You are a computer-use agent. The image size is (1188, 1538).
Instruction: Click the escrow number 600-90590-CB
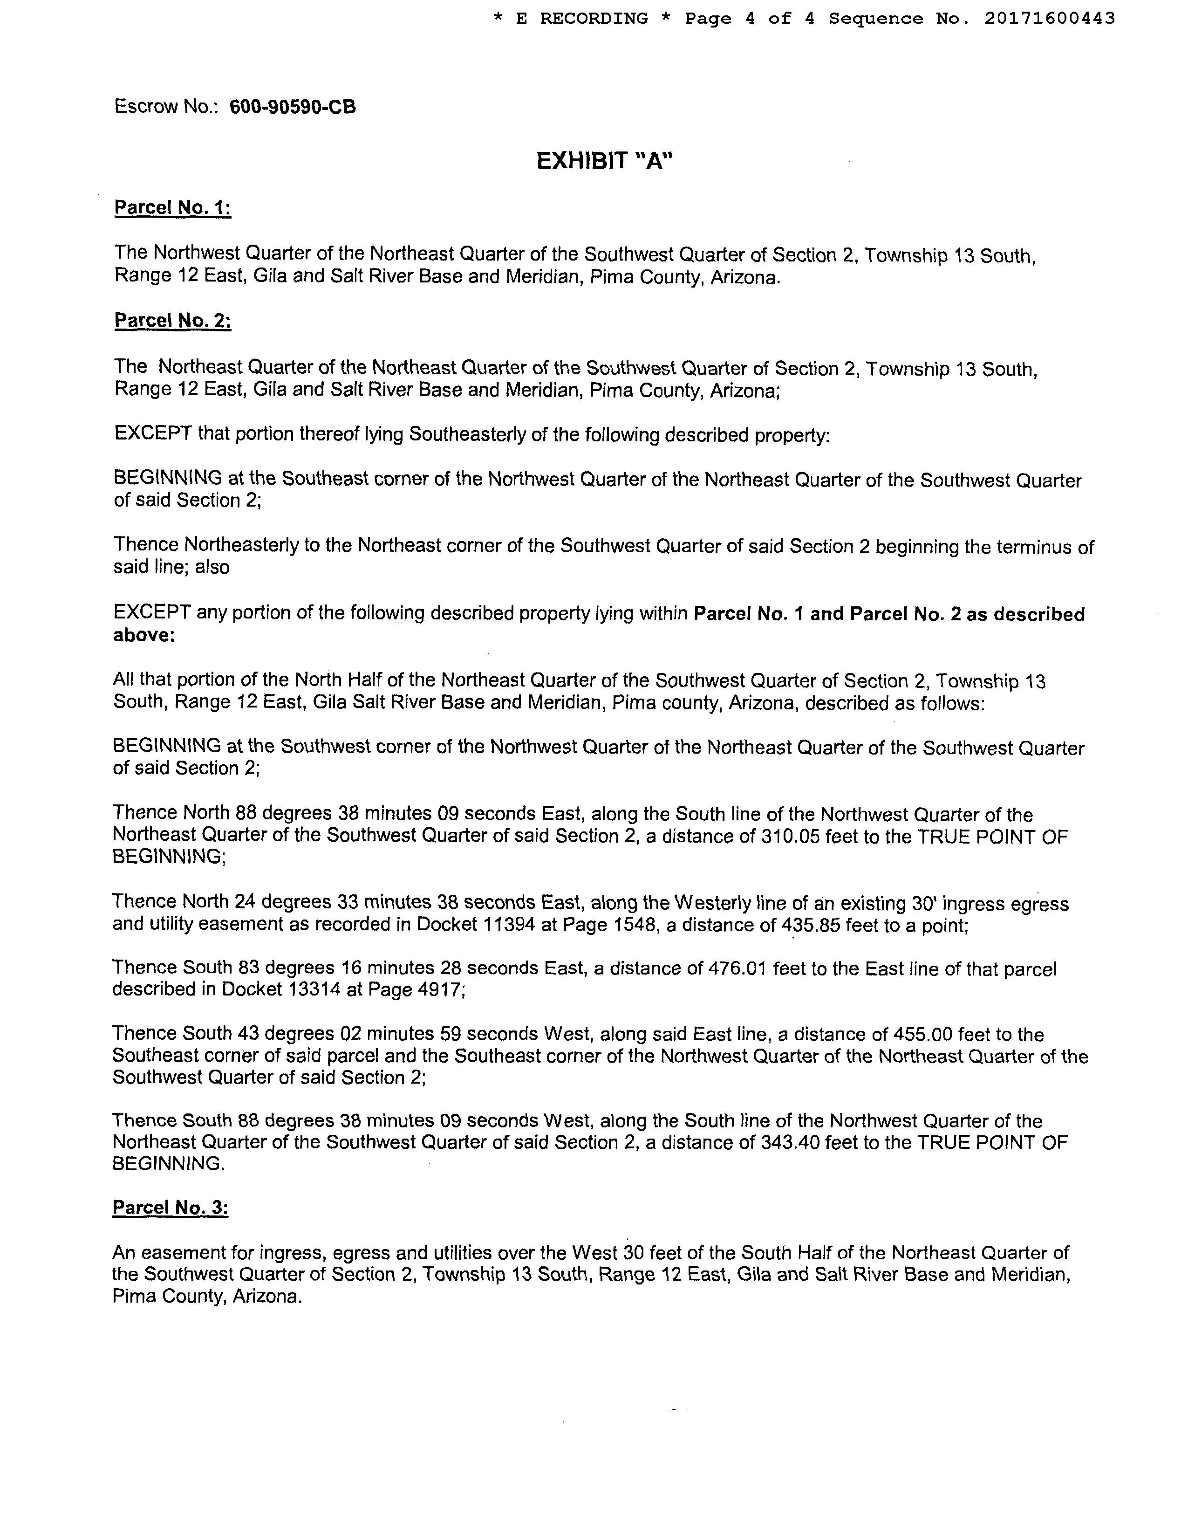[x=293, y=107]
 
